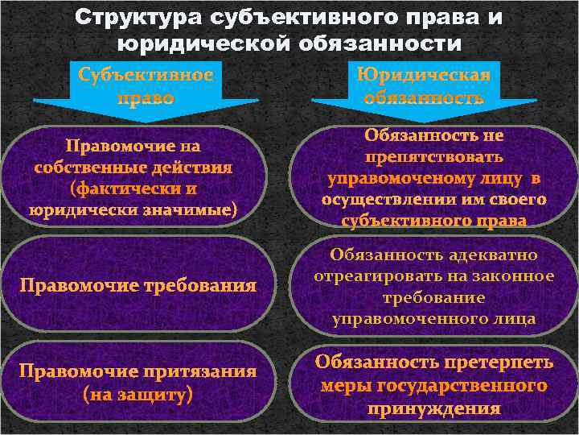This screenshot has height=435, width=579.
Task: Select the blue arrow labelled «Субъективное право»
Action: coord(146,89)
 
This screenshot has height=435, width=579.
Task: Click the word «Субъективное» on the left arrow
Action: coord(146,75)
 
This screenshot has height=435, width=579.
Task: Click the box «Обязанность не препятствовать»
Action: coord(434,177)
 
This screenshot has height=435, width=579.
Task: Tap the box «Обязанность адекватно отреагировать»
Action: coord(434,286)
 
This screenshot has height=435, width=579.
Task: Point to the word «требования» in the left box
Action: coord(205,285)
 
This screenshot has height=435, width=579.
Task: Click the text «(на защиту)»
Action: coord(138,395)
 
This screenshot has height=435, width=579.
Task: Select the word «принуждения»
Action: coord(434,408)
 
